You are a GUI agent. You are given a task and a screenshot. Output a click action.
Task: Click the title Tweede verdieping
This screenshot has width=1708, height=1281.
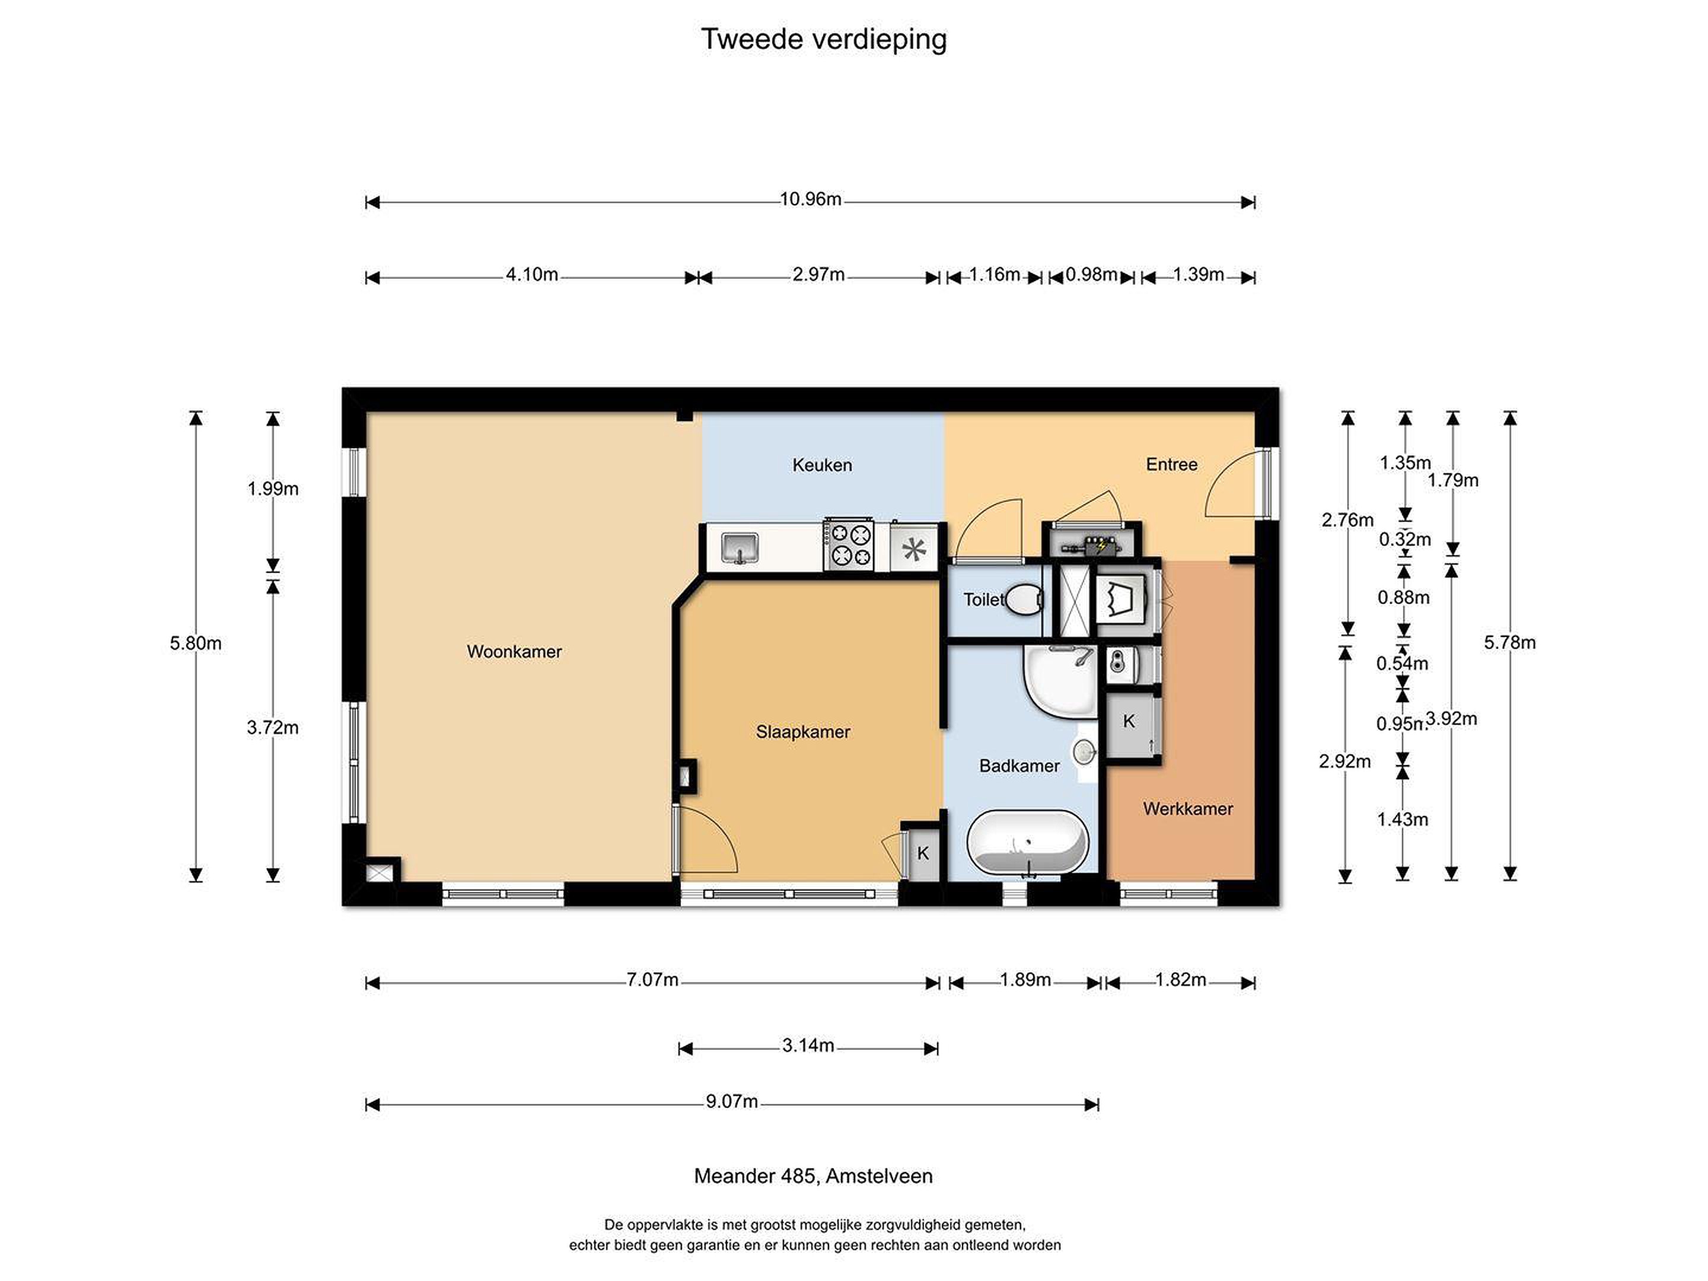tap(823, 39)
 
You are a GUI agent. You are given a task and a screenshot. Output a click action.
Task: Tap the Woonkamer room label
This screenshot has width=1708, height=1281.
tap(514, 652)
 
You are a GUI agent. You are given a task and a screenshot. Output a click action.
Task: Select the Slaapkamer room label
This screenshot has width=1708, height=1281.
tap(803, 732)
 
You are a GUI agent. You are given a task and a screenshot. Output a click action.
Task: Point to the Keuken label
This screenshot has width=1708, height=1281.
tap(823, 465)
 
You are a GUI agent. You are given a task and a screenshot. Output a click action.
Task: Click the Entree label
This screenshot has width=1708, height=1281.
tap(1171, 464)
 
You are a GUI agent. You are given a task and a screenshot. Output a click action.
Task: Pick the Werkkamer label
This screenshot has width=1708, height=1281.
tap(1187, 808)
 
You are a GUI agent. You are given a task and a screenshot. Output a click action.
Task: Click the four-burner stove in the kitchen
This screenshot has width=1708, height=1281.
tap(849, 544)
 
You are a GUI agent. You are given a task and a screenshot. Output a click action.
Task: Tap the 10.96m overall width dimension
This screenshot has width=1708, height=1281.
tap(810, 199)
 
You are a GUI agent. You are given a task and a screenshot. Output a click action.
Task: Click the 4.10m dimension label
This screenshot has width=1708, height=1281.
tap(532, 275)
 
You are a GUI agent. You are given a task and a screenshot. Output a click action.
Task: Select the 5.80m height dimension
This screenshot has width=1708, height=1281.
tap(195, 643)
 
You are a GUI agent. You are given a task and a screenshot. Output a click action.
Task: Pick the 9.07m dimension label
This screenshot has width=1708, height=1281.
tap(731, 1101)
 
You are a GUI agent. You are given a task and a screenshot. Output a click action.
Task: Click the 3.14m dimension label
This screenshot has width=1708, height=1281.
tap(808, 1046)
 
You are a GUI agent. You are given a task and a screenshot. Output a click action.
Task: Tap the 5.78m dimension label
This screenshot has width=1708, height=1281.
tap(1509, 642)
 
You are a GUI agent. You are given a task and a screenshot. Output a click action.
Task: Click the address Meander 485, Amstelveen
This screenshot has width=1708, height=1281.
tap(813, 1176)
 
